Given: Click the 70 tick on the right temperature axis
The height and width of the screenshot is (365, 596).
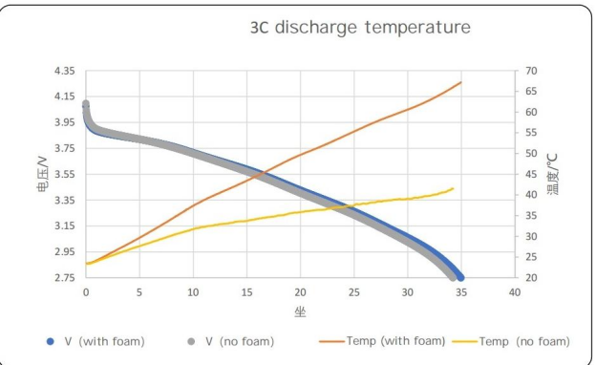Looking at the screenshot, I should tap(531, 72).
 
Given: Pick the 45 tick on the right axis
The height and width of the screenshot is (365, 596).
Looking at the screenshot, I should tap(531, 175).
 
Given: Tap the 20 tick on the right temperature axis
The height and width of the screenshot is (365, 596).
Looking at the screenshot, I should tap(531, 278).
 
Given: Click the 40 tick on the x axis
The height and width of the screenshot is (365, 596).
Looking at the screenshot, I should tap(515, 292).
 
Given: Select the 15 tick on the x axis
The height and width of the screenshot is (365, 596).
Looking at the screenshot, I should tap(247, 292).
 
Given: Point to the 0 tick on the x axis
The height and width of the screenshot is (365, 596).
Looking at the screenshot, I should tap(87, 292).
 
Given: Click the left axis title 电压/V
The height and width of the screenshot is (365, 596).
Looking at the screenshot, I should tap(31, 174).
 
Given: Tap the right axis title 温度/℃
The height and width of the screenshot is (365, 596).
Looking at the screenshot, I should tap(553, 174).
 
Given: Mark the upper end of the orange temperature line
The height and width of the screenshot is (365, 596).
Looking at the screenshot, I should tap(461, 82).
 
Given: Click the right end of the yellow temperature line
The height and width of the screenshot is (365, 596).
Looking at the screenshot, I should tap(453, 188).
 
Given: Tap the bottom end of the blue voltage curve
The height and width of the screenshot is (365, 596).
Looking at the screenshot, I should tap(460, 277).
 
